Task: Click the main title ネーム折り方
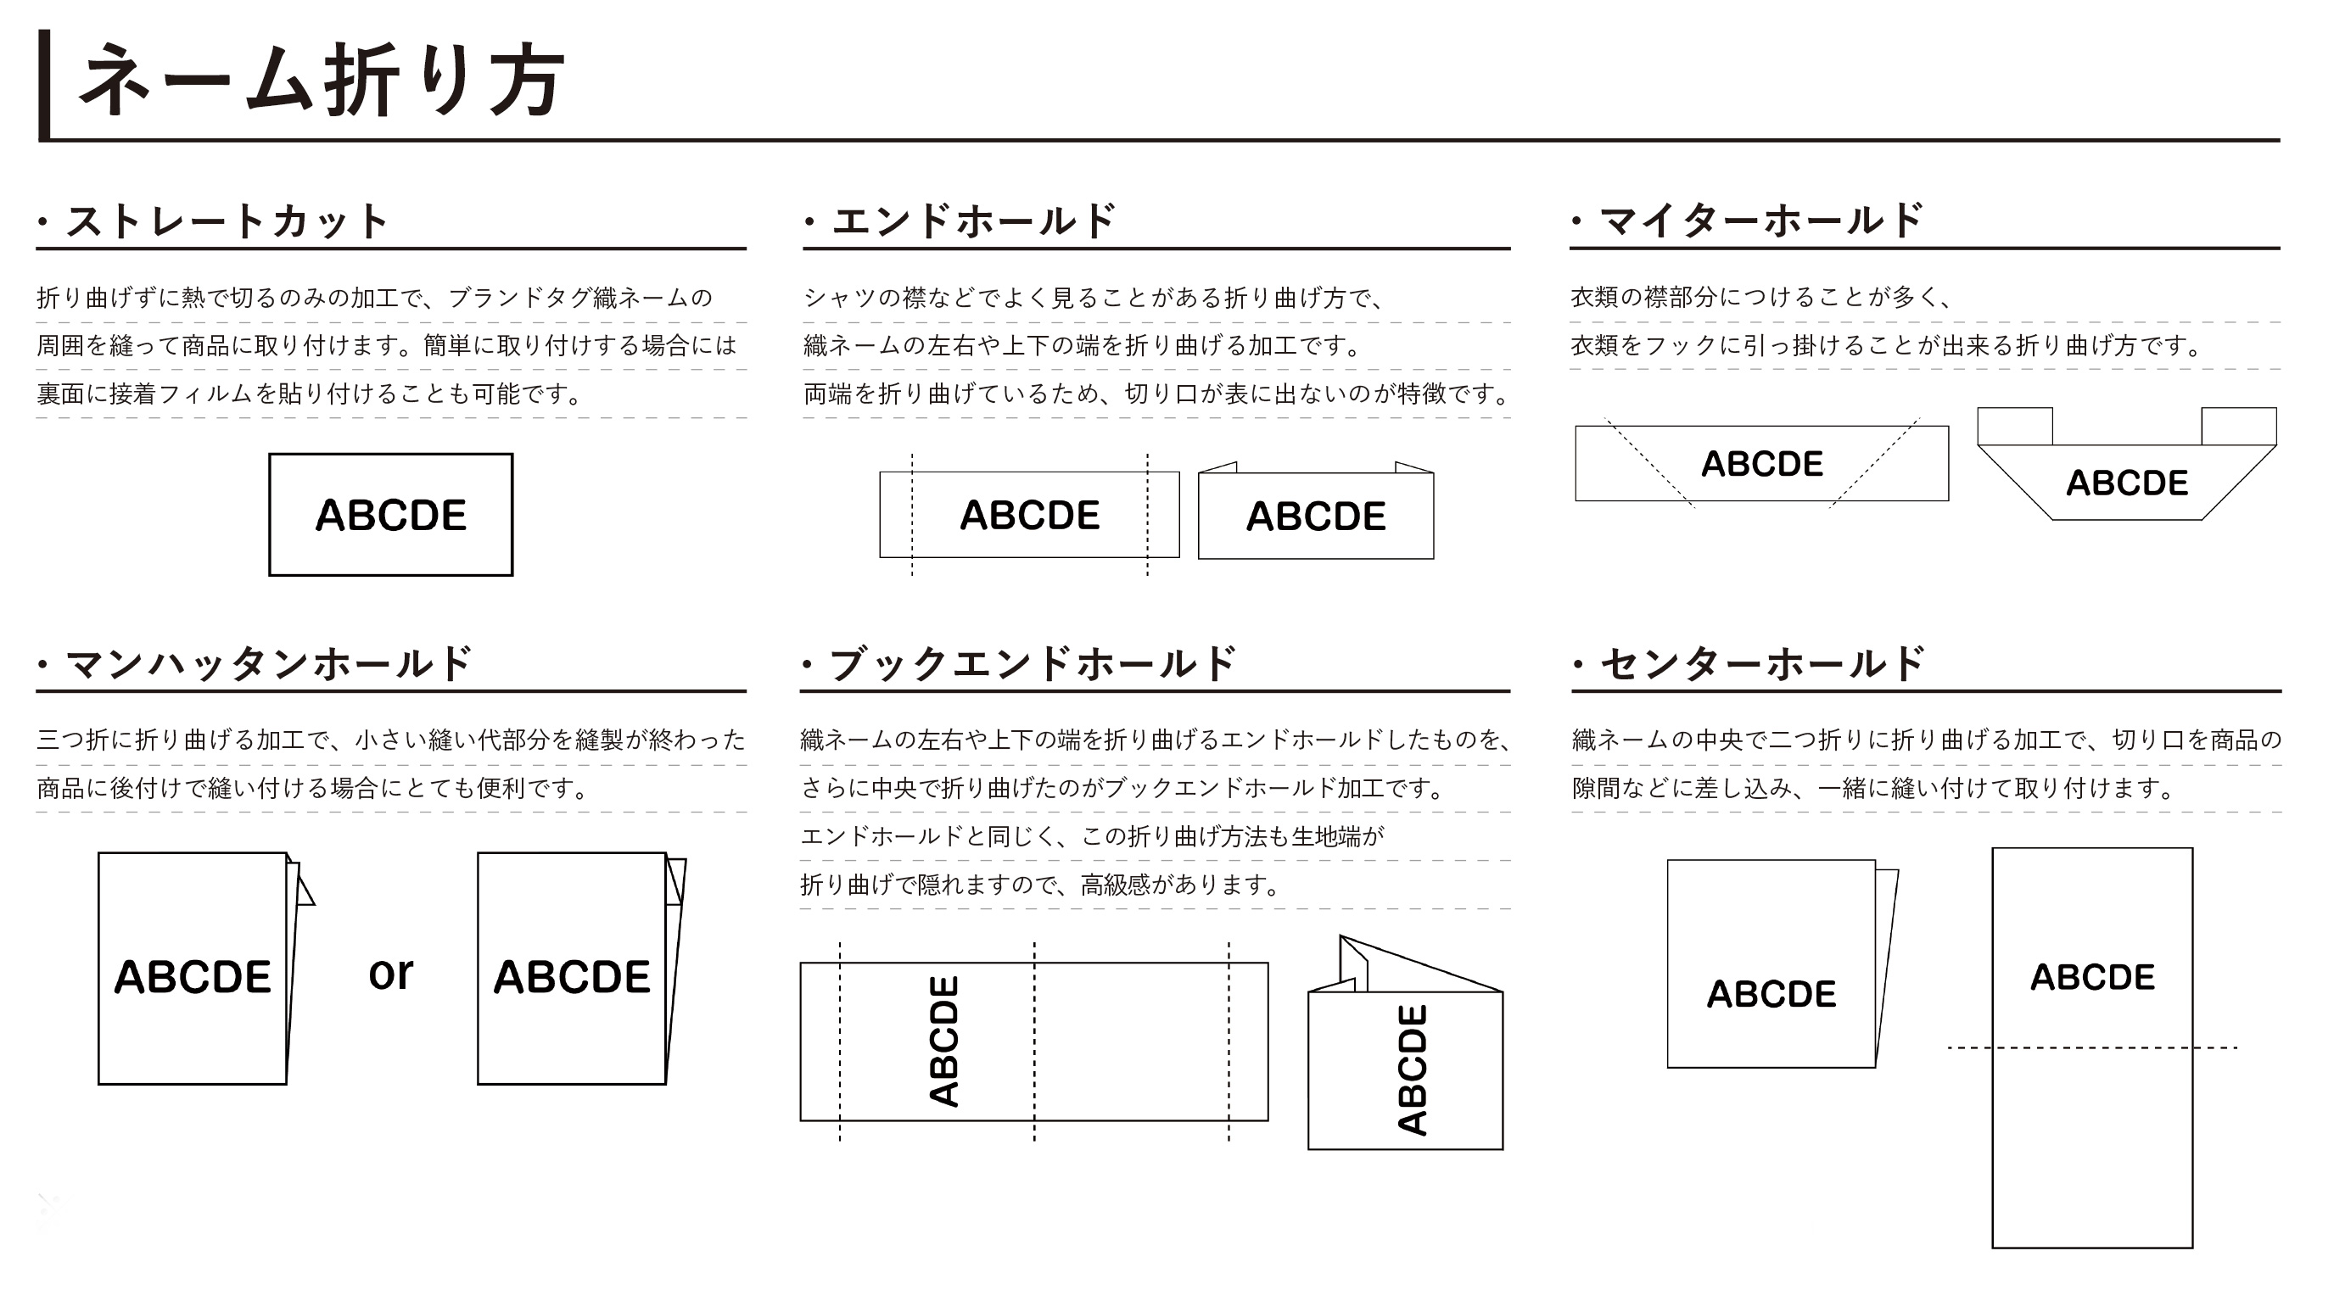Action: (x=322, y=81)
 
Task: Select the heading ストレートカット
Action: (x=227, y=221)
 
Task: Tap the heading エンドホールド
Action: (x=974, y=221)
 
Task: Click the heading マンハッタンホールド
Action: (x=268, y=664)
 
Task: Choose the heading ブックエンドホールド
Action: (x=1033, y=664)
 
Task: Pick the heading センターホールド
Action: (x=1762, y=664)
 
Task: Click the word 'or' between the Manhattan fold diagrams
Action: (x=390, y=974)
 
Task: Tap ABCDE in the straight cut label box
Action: (x=390, y=516)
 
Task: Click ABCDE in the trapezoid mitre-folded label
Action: (x=2126, y=483)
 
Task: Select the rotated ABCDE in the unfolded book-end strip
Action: (x=944, y=1041)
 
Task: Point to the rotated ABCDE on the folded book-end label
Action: (x=1413, y=1069)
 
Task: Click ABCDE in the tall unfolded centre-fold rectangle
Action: (x=2092, y=977)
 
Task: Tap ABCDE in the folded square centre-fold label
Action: (x=1771, y=994)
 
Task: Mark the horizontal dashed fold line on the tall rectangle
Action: (x=2092, y=1048)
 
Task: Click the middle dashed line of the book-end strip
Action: (x=1034, y=1041)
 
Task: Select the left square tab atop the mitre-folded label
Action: (x=2015, y=426)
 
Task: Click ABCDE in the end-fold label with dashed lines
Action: (x=1029, y=516)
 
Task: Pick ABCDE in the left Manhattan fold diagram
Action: (x=192, y=977)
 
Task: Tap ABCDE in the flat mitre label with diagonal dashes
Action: (x=1761, y=464)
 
